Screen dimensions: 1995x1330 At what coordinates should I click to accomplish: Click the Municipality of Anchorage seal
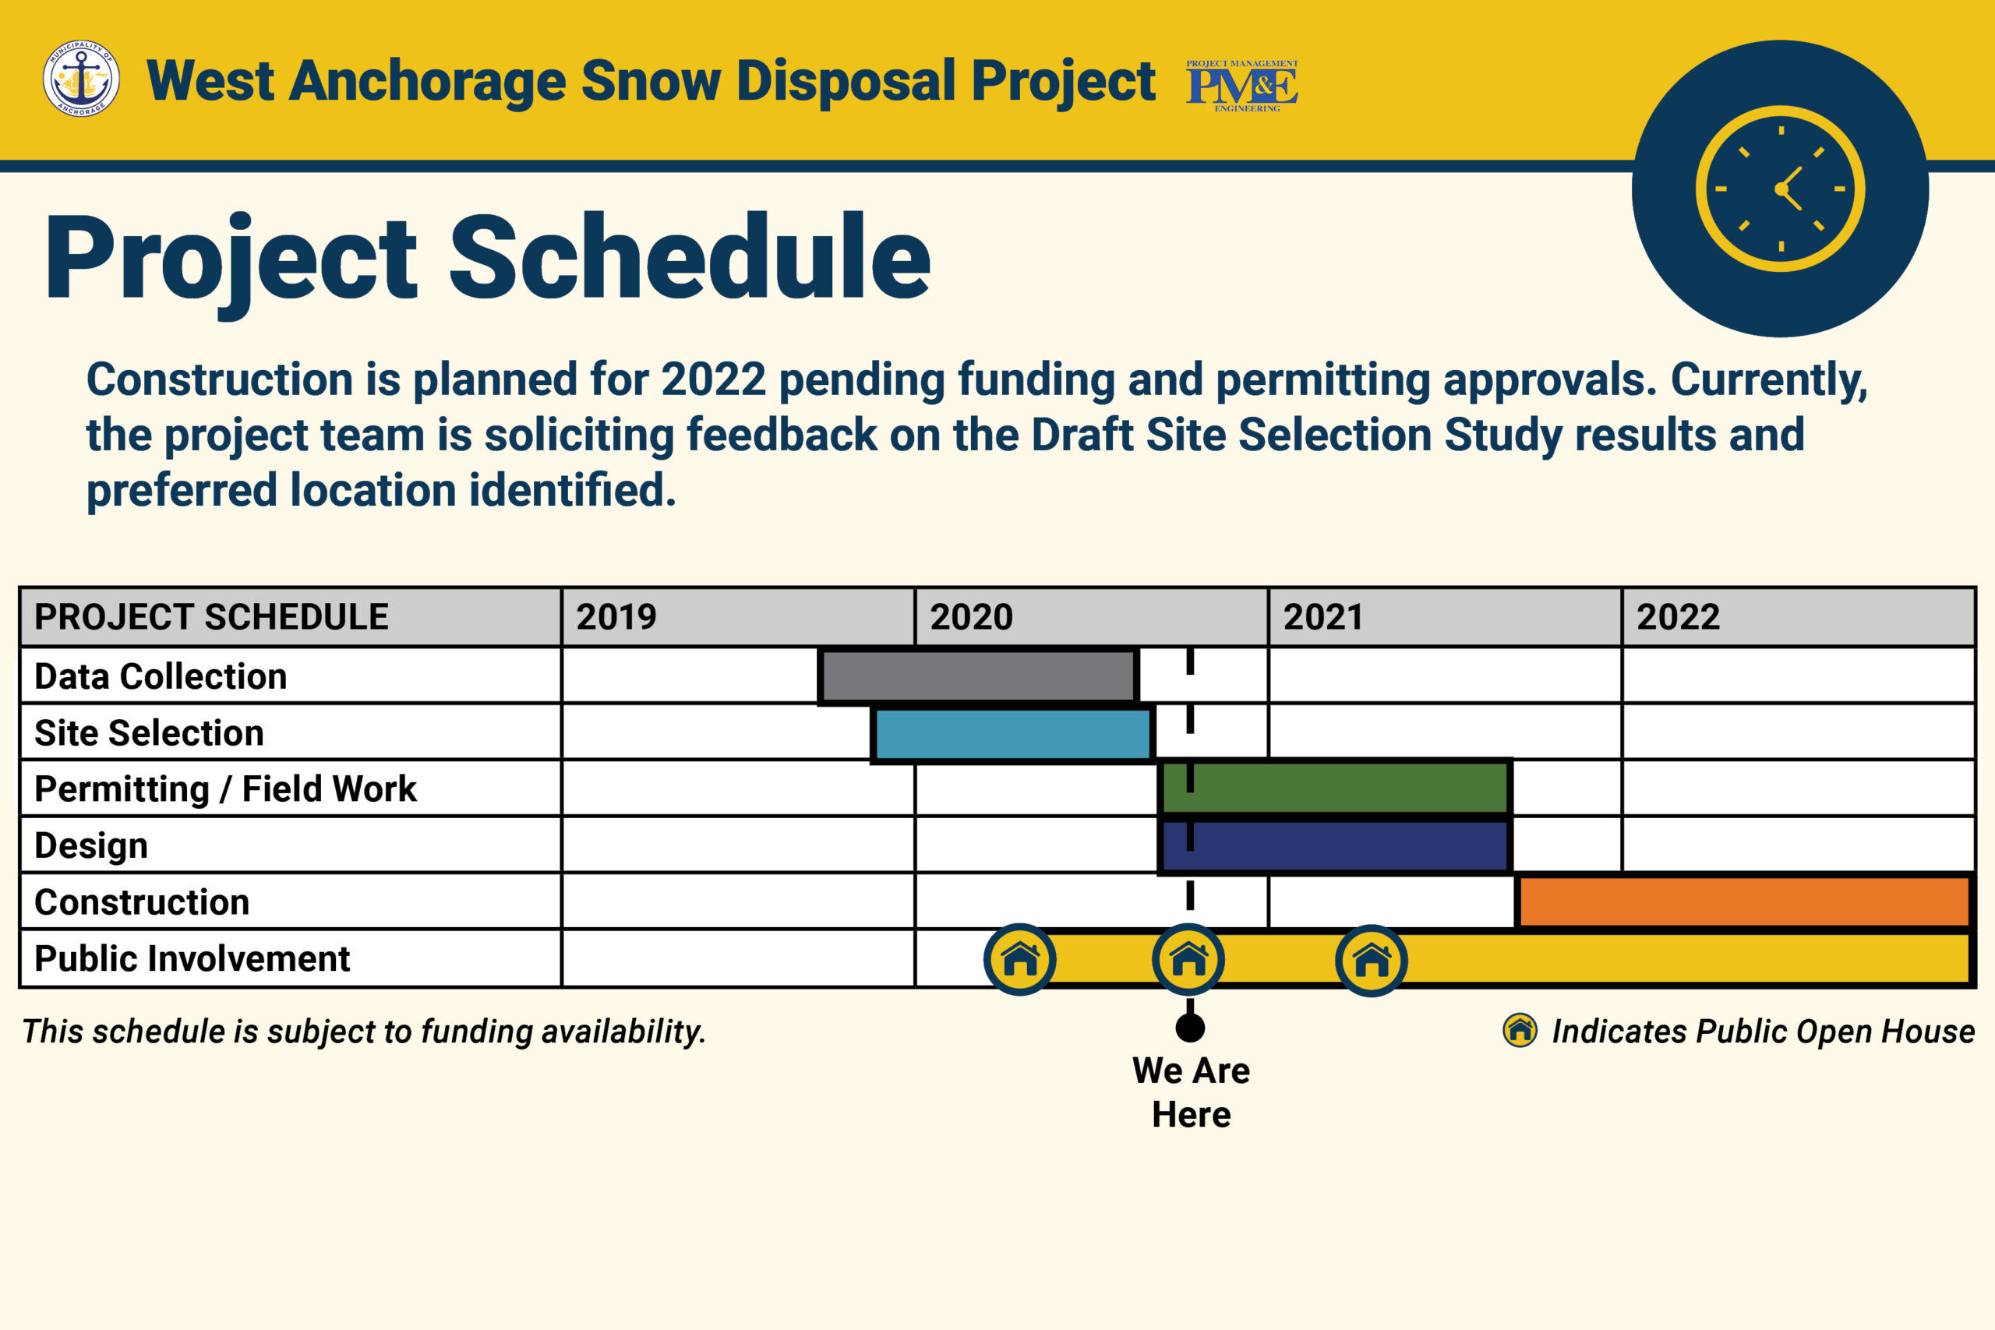81,78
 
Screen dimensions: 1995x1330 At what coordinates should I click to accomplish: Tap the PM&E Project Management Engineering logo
1241,86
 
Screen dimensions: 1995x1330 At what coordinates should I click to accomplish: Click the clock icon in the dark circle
1781,189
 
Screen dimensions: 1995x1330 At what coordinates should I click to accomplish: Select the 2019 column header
616,616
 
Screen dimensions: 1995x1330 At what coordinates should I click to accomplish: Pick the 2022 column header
1678,616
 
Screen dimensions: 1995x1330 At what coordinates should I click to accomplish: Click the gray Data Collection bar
978,676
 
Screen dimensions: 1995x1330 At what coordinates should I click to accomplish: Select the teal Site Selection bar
1013,734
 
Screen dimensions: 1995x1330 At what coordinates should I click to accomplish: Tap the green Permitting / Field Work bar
1334,788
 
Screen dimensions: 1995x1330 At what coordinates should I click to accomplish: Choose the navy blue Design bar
1334,845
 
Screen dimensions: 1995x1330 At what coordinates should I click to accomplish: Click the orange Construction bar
1744,901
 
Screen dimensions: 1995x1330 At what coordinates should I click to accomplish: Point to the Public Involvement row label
192,958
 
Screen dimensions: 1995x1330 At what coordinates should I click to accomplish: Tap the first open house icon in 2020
1019,959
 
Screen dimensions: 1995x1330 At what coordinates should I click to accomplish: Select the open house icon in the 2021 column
1372,960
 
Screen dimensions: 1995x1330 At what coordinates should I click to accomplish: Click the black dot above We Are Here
1190,1028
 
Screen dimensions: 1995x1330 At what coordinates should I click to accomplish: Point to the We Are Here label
1191,1092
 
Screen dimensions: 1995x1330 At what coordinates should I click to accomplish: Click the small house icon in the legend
1520,1031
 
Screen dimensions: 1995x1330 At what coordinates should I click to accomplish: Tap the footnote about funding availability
364,1032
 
